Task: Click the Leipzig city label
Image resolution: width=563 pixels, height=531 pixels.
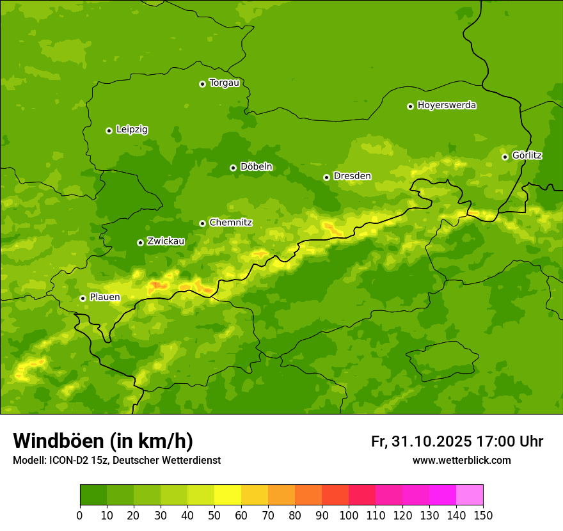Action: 132,130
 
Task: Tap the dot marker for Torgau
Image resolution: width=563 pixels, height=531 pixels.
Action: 202,84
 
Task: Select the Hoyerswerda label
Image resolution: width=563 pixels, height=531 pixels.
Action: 447,106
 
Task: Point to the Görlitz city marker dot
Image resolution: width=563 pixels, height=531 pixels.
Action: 505,157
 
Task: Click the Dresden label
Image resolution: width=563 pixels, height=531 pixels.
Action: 352,176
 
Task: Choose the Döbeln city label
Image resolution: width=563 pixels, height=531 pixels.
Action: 256,167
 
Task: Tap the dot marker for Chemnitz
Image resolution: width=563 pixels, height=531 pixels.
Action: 202,223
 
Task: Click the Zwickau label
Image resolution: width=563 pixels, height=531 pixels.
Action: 166,241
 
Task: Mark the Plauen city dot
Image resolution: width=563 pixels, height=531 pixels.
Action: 83,298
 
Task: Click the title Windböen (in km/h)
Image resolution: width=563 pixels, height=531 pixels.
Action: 103,441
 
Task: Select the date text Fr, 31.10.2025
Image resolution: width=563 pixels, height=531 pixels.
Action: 422,441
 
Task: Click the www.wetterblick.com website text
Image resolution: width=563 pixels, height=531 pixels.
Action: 461,461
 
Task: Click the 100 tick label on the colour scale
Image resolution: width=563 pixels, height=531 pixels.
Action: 349,515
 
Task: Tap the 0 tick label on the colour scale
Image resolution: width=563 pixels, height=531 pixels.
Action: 80,515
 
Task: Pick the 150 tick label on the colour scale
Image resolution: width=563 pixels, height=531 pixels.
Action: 483,515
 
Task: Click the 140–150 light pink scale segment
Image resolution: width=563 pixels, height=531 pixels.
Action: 470,495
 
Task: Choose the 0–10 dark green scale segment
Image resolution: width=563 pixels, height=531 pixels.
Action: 93,495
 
